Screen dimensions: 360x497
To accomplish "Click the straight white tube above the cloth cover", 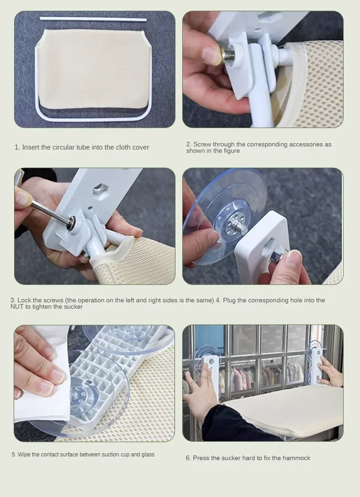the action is pos(93,19).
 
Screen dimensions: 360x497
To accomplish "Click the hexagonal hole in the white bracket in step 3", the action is pos(101,191).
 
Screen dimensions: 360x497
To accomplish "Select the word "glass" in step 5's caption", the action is pos(148,455).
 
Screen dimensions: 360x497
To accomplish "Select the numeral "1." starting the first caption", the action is pos(17,147).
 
